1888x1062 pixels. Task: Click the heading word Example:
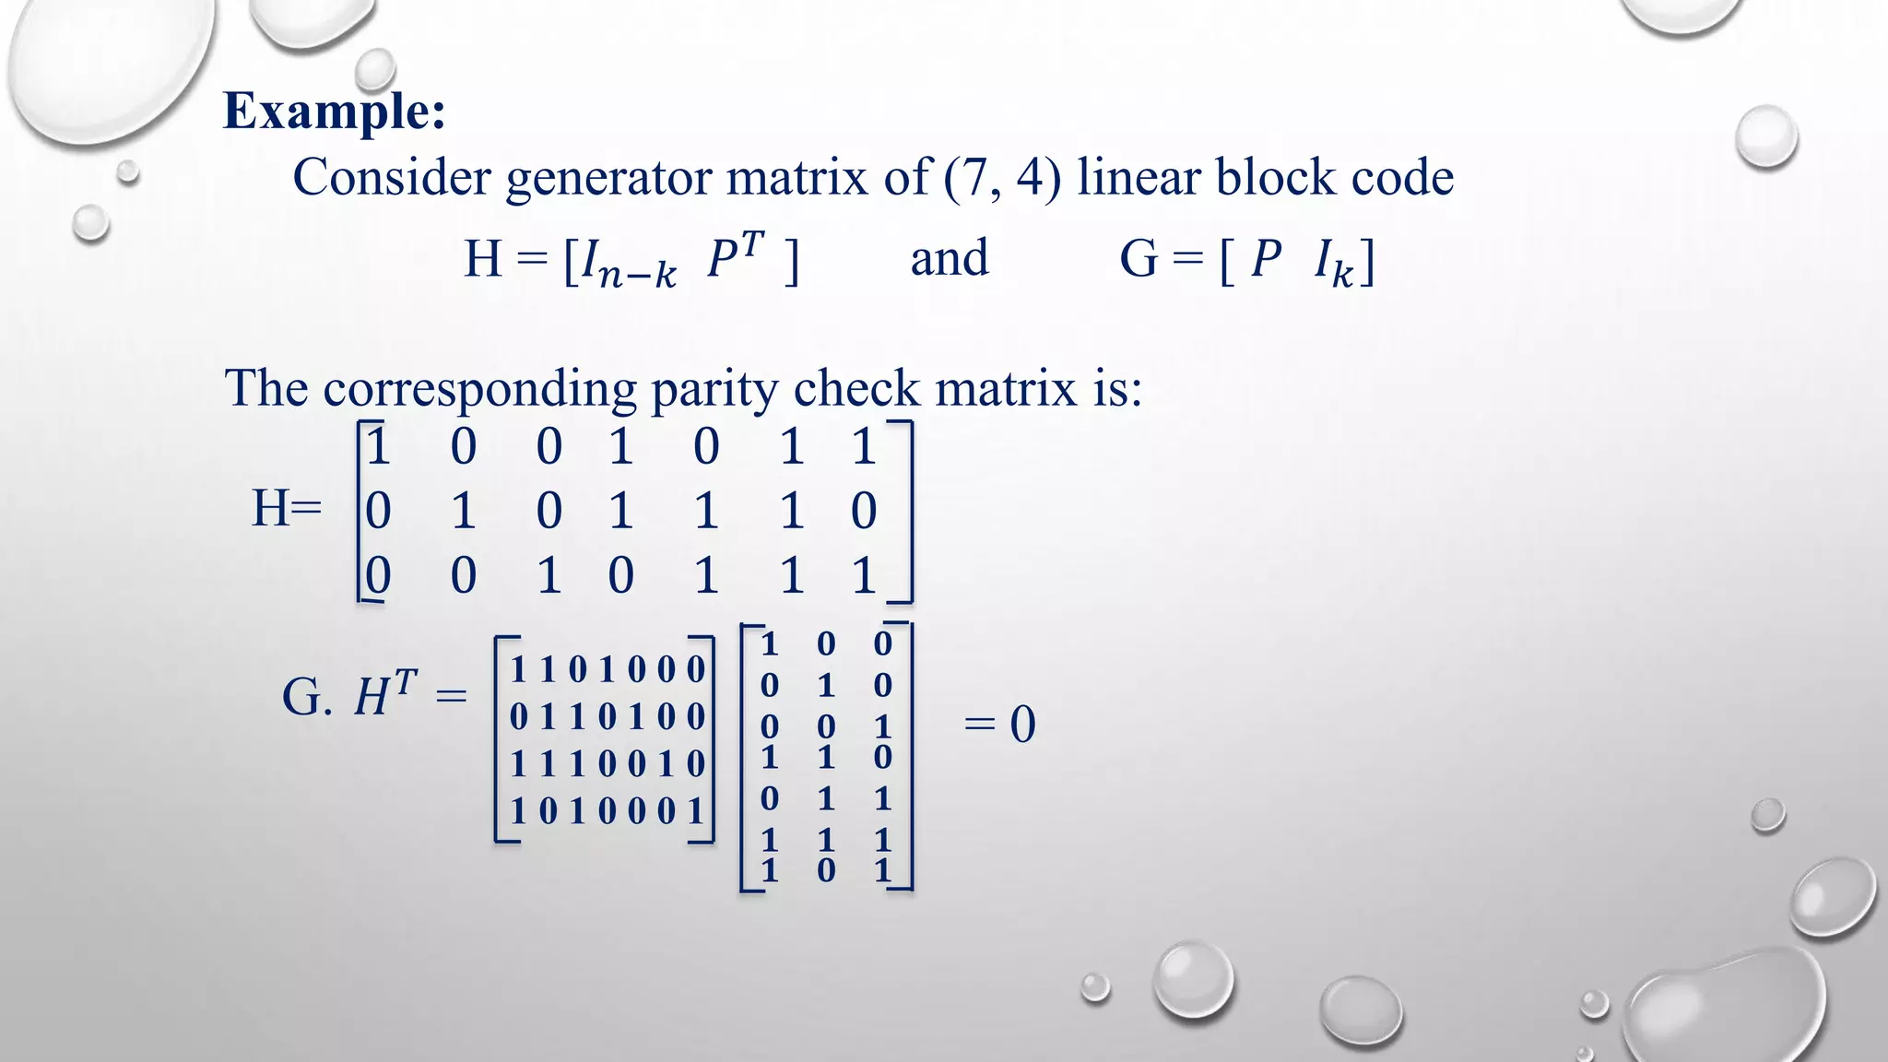click(335, 112)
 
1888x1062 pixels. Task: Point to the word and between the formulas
click(950, 258)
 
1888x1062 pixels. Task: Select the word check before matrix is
click(856, 388)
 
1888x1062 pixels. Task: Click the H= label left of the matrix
click(287, 508)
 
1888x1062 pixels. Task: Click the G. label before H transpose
click(307, 697)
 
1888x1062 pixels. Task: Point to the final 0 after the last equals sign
click(1022, 725)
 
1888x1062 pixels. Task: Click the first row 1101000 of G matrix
click(607, 669)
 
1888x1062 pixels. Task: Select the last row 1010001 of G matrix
click(607, 811)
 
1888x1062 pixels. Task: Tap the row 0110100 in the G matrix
click(607, 716)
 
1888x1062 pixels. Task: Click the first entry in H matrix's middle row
click(378, 511)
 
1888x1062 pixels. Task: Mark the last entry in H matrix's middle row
click(863, 511)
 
